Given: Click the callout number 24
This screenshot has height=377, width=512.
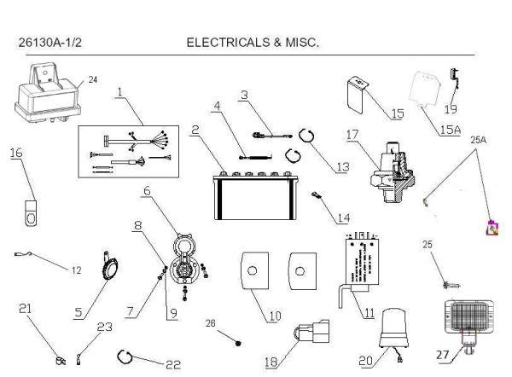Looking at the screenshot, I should click(x=93, y=80).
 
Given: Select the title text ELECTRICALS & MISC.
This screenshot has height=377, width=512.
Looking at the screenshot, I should click(x=252, y=41).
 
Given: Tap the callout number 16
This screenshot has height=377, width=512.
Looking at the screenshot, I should click(x=16, y=153).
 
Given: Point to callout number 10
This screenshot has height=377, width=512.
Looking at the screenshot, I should click(x=275, y=316).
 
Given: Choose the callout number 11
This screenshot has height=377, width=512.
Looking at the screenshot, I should click(x=369, y=312).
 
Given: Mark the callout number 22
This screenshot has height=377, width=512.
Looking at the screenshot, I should click(x=173, y=364).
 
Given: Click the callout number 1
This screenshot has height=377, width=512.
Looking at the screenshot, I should click(x=120, y=90).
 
